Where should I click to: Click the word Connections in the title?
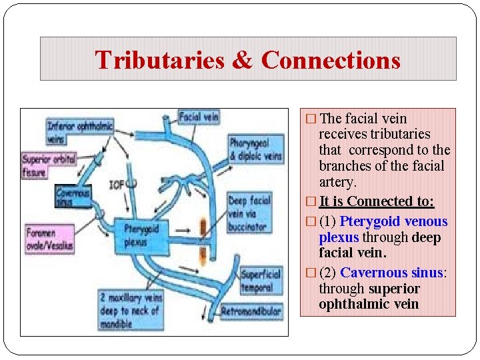331,59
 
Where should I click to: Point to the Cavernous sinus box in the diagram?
73,196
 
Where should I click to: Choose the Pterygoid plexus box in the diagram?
139,235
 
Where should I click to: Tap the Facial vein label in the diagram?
199,117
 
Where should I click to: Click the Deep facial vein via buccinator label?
249,213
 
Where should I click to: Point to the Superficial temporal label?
261,281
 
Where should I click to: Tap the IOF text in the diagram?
117,184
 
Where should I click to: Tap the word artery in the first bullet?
338,182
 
